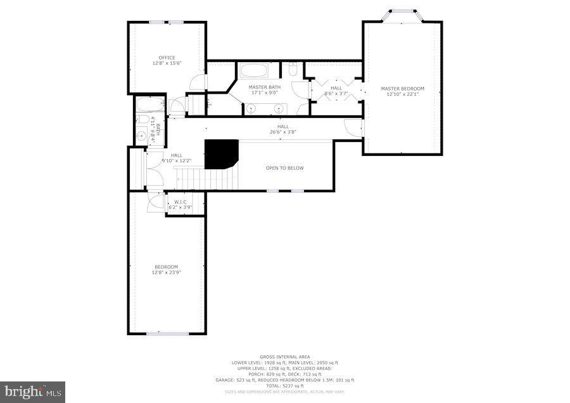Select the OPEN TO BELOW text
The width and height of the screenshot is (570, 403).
[x=284, y=168]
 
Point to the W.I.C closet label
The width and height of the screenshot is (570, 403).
[x=180, y=202]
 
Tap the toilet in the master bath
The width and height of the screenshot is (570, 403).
[x=292, y=70]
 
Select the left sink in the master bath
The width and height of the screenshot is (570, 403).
[x=251, y=109]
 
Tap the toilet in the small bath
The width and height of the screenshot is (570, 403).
[x=142, y=119]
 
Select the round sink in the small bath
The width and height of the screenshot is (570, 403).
[x=142, y=135]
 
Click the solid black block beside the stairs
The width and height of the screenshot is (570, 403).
[x=221, y=154]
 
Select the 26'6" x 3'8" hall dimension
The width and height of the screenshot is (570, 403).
[x=282, y=132]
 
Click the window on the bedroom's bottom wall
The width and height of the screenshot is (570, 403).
[x=167, y=333]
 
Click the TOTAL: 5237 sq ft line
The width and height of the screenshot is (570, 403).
[x=284, y=386]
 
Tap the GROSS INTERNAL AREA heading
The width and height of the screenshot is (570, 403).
[x=284, y=357]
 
